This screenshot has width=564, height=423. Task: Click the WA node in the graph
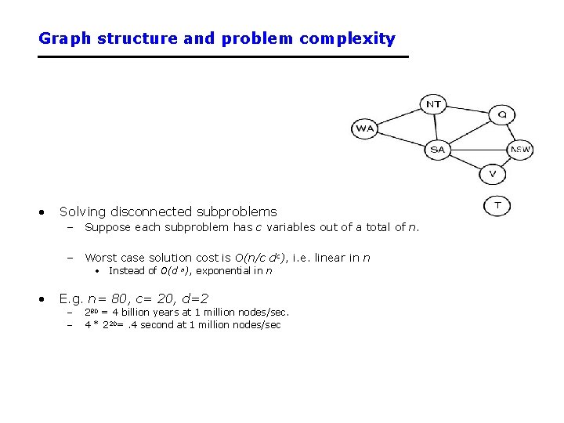pyautogui.click(x=365, y=128)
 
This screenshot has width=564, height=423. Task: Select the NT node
pyautogui.click(x=433, y=103)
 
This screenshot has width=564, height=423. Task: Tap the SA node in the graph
pyautogui.click(x=437, y=149)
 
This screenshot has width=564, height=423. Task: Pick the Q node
pyautogui.click(x=502, y=114)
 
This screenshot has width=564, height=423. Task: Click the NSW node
pyautogui.click(x=520, y=149)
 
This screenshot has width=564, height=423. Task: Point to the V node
pyautogui.click(x=492, y=173)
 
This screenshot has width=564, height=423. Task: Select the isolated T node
pyautogui.click(x=497, y=205)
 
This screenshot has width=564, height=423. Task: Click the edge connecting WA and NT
pyautogui.click(x=399, y=116)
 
